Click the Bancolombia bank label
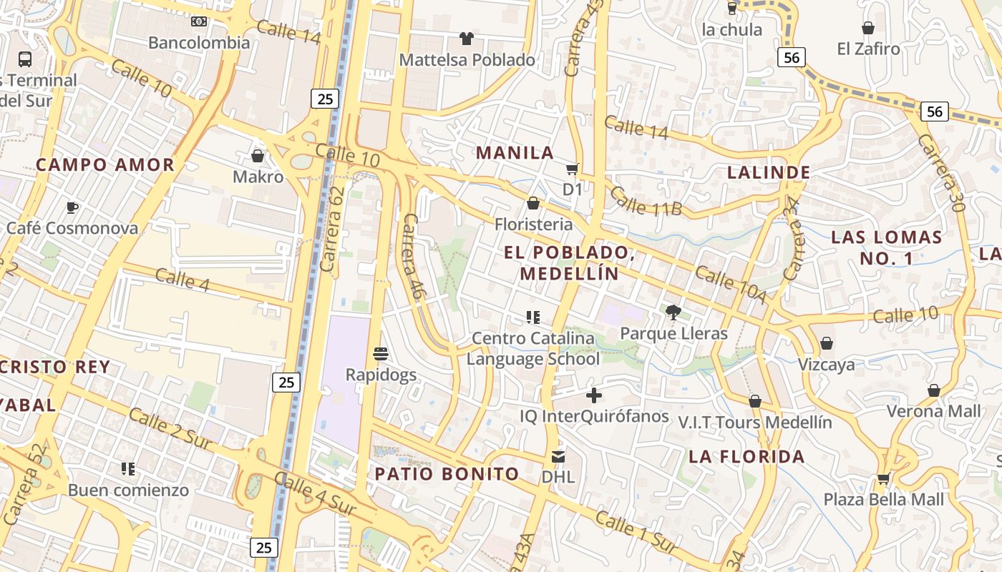(x=199, y=42)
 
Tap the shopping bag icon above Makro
(x=258, y=155)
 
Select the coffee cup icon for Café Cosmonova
(x=72, y=207)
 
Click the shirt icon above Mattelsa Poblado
(x=467, y=39)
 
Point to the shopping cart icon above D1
(x=572, y=169)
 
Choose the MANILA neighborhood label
(x=515, y=152)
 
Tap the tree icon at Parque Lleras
(x=673, y=312)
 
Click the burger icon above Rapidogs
(x=381, y=353)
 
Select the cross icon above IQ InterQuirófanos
(x=594, y=395)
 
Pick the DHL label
(x=558, y=476)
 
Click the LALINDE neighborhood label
(x=769, y=172)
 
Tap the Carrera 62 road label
(x=334, y=229)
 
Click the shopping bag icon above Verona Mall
(x=934, y=390)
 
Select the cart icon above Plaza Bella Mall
(x=884, y=478)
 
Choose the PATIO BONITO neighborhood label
(x=447, y=473)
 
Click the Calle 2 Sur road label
(x=170, y=429)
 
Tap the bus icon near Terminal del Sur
(x=25, y=59)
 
